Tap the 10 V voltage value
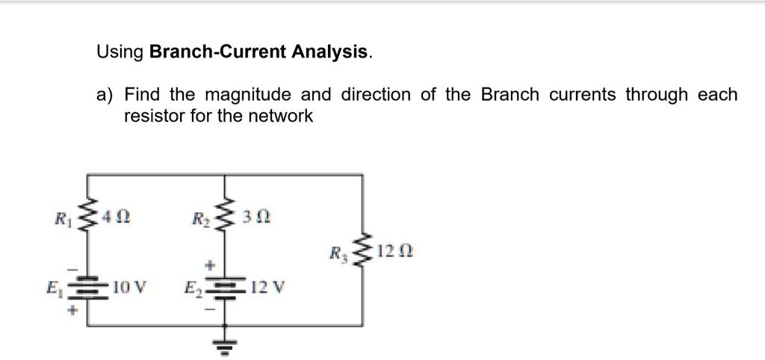tap(129, 286)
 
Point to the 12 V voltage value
tap(264, 287)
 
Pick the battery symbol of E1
tap(89, 287)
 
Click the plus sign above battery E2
tap(211, 265)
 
